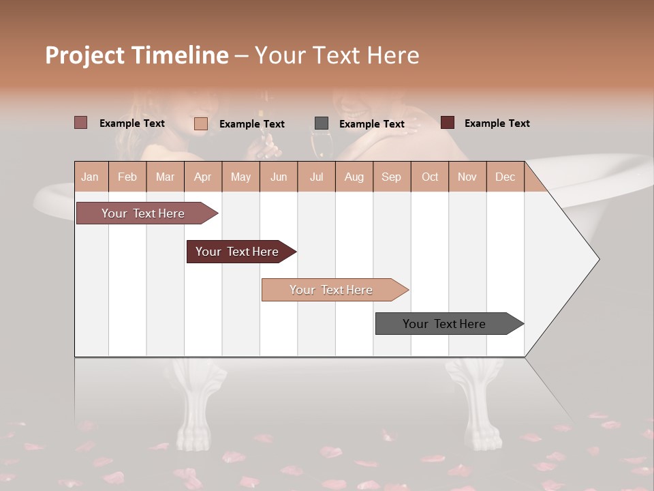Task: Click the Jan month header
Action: [x=90, y=177]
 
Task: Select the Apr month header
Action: [x=202, y=177]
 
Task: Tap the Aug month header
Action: [x=354, y=177]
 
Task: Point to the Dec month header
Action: [x=505, y=177]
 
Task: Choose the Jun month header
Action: [x=279, y=177]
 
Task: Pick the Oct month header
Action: [x=430, y=177]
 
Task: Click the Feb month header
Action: [x=127, y=177]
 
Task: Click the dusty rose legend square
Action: [x=81, y=123]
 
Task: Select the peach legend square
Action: [x=201, y=123]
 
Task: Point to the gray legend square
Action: [x=322, y=123]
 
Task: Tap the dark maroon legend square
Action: [x=448, y=123]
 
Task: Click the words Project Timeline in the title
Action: [x=136, y=55]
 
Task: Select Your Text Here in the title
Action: [x=337, y=55]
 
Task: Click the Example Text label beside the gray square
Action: [x=372, y=123]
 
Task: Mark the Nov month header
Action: [x=467, y=177]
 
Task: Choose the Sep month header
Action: [x=391, y=177]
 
